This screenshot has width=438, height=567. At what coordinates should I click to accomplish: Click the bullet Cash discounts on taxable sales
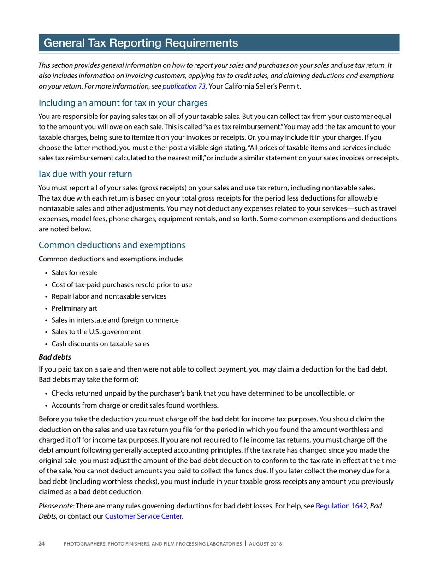point(100,343)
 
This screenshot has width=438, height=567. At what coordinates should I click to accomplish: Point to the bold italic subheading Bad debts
point(54,357)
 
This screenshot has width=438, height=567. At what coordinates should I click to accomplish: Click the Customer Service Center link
point(144,516)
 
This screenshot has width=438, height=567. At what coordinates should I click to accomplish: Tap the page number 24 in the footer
point(41,544)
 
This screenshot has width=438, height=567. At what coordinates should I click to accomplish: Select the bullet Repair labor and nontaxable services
point(109,296)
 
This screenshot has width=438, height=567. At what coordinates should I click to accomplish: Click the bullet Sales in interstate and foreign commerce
point(115,320)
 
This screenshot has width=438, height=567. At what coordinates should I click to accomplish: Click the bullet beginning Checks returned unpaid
point(202,393)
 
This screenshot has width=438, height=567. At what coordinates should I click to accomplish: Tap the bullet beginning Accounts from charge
point(135,405)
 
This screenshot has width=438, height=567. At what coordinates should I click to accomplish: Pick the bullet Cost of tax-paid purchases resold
point(122,284)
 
